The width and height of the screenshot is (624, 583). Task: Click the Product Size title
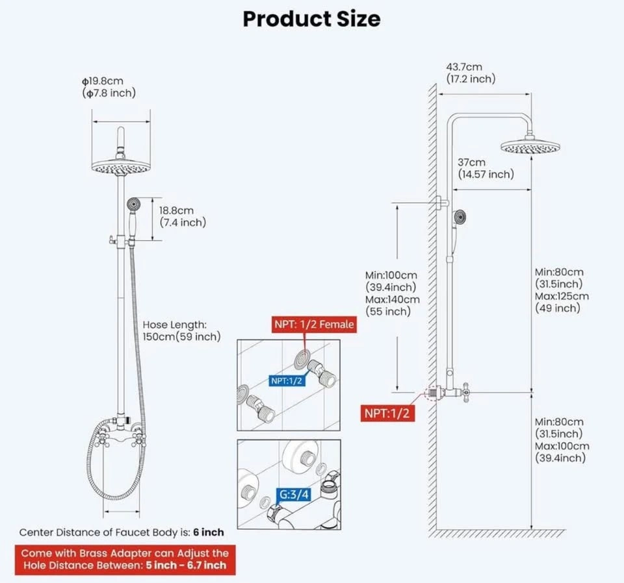point(311,19)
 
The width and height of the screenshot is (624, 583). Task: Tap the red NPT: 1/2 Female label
point(314,324)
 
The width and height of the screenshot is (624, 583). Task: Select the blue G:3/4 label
point(295,495)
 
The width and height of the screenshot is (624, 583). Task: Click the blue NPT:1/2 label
point(287,380)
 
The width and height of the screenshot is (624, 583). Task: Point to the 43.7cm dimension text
point(463,67)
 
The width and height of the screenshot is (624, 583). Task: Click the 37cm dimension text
point(471,162)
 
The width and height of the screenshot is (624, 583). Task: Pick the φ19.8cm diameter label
point(103,81)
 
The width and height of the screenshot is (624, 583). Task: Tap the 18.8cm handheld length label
point(177,210)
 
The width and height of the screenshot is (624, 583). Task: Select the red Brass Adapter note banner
point(124,558)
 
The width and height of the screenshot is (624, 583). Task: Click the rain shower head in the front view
point(122,167)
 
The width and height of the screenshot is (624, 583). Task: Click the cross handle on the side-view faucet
point(466,391)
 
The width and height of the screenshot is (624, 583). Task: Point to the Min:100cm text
point(391,275)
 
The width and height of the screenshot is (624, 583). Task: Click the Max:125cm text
point(562,296)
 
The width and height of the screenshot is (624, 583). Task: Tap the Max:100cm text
point(562,446)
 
